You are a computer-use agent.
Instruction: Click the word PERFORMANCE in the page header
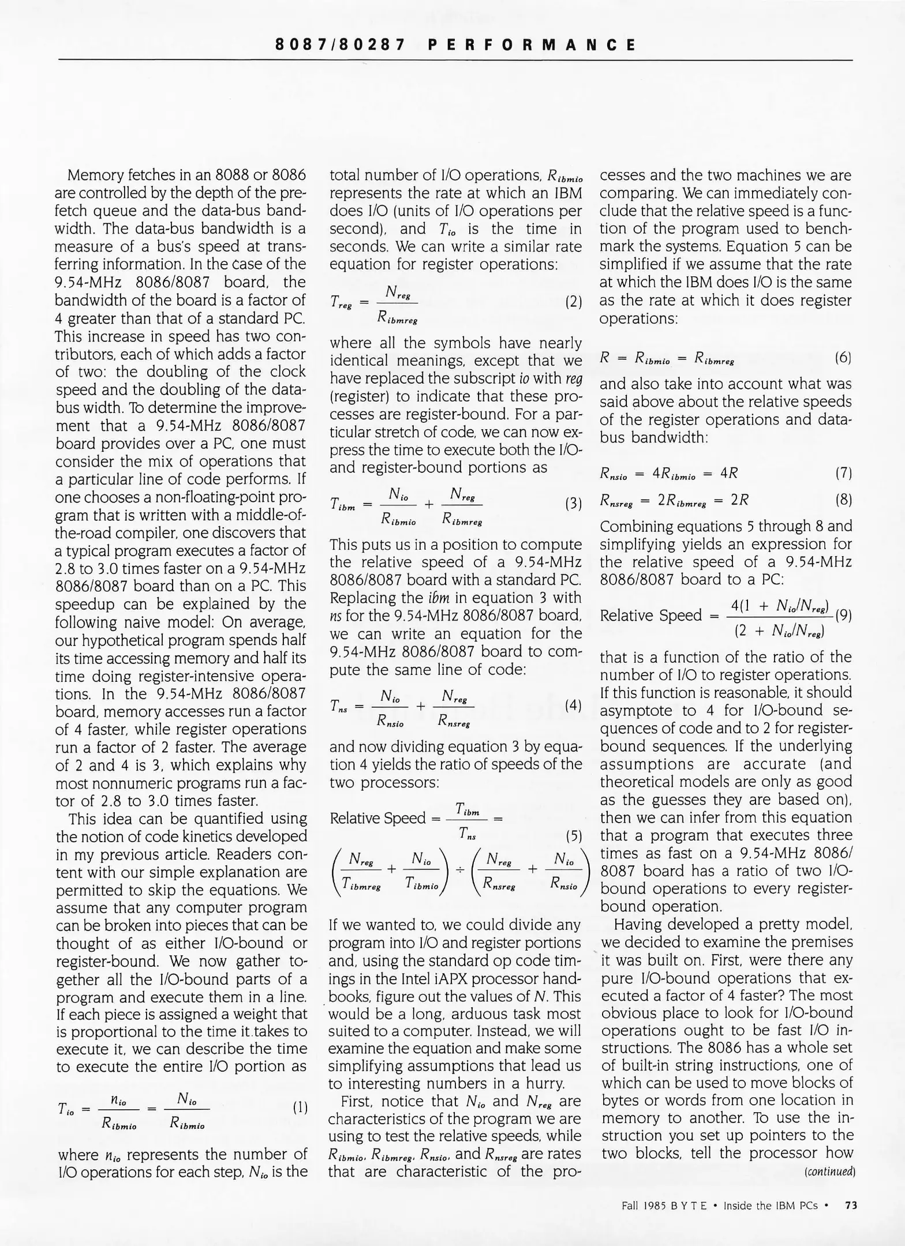point(532,45)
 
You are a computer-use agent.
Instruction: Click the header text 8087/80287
point(341,45)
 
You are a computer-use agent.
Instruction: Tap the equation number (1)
point(300,1108)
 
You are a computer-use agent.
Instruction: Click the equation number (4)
point(573,705)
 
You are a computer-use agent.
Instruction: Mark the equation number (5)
point(573,836)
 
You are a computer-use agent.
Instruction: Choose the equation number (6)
point(843,358)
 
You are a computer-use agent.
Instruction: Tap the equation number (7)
point(843,474)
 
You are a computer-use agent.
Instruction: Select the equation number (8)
point(843,500)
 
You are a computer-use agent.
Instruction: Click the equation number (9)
point(844,615)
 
